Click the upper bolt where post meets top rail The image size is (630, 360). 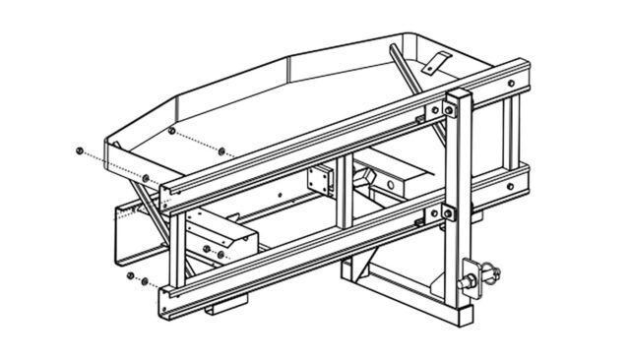(x=449, y=110)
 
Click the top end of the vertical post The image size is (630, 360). (x=459, y=94)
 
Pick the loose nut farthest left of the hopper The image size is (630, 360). (x=78, y=150)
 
